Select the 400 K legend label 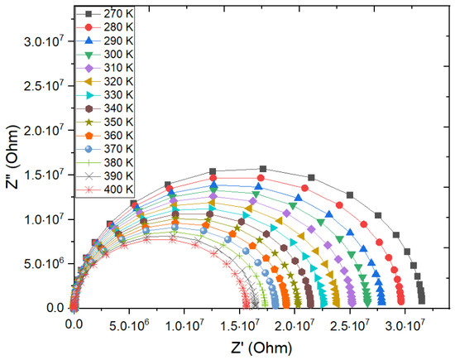click(118, 190)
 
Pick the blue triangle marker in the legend click(89, 41)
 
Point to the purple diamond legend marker click(89, 68)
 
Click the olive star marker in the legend click(89, 122)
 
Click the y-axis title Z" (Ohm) click(12, 157)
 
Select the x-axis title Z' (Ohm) click(261, 348)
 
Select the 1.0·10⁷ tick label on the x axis click(184, 326)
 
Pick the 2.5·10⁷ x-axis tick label click(350, 326)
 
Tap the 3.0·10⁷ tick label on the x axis click(405, 326)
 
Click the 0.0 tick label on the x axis click(74, 324)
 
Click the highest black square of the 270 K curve click(263, 169)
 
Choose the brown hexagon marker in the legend click(89, 108)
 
